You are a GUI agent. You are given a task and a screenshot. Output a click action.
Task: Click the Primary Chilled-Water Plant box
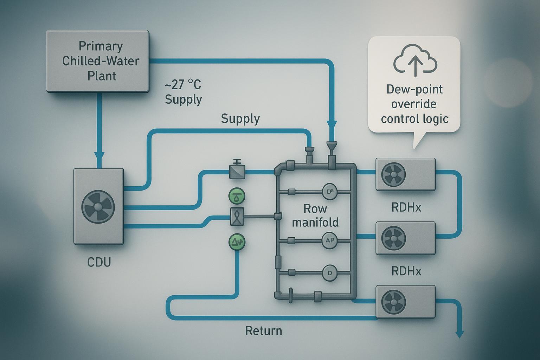pyautogui.click(x=98, y=61)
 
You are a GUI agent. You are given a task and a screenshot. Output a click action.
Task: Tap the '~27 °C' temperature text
pyautogui.click(x=183, y=85)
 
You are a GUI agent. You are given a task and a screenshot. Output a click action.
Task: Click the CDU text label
pyautogui.click(x=99, y=262)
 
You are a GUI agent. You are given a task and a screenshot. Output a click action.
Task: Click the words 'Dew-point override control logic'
pyautogui.click(x=414, y=104)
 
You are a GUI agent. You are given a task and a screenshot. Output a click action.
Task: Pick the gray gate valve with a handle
pyautogui.click(x=237, y=171)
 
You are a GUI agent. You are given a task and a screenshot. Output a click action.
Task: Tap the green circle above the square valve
pyautogui.click(x=237, y=196)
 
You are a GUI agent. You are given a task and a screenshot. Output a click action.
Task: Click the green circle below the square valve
pyautogui.click(x=237, y=242)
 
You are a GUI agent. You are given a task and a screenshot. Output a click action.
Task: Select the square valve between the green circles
pyautogui.click(x=237, y=217)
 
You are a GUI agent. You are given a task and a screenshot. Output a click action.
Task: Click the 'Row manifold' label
pyautogui.click(x=315, y=216)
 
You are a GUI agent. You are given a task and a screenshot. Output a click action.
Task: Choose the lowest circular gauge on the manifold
pyautogui.click(x=330, y=273)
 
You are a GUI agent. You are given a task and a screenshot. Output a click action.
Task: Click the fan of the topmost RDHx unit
pyautogui.click(x=394, y=174)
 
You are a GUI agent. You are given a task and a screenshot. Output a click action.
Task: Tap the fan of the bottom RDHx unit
pyautogui.click(x=394, y=302)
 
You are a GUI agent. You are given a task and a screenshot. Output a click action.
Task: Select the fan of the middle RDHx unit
pyautogui.click(x=394, y=238)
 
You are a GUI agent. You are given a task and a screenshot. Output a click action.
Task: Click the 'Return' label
pyautogui.click(x=263, y=331)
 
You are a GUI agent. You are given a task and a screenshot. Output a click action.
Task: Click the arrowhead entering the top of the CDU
pyautogui.click(x=99, y=157)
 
